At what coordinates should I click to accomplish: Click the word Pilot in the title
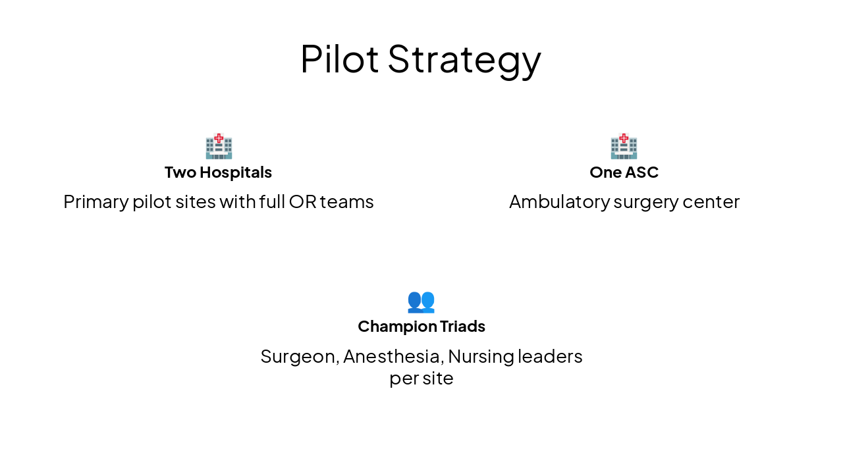coord(339,59)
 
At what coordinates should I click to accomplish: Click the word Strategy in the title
coord(464,60)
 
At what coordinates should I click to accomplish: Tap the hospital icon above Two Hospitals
coord(219,146)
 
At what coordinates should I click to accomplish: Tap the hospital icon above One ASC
coord(624,146)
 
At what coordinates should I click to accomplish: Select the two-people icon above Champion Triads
coord(421,301)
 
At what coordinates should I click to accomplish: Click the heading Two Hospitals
coord(218,172)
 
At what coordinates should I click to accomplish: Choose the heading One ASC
coord(624,172)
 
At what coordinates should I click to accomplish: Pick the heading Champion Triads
coord(421,327)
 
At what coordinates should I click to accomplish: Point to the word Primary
coord(95,202)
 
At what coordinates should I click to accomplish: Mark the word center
coord(711,202)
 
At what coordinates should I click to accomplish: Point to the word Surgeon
coord(300,357)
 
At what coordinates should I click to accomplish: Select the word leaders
coord(550,356)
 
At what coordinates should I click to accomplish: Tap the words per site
coord(421,379)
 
